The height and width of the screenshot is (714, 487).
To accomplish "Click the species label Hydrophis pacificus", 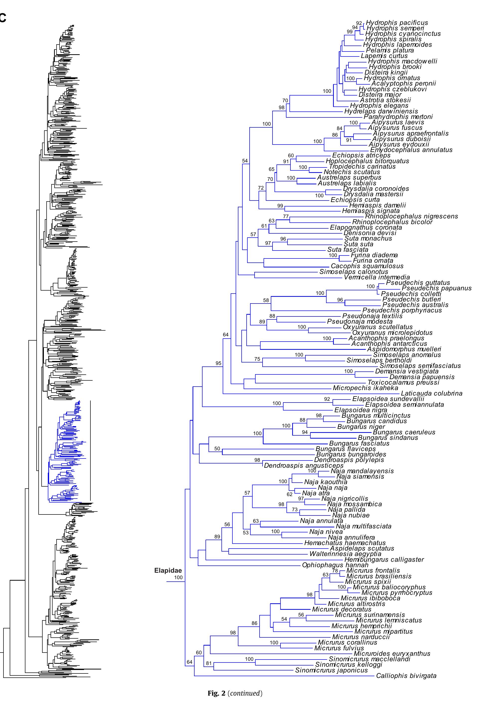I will [x=397, y=23].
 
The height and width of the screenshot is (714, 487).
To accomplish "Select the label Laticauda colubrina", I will [x=431, y=393].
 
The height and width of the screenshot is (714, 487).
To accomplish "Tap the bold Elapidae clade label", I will [x=168, y=570].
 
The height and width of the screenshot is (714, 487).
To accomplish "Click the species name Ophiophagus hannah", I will [x=335, y=565].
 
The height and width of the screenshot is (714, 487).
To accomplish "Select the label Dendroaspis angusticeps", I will [x=303, y=465].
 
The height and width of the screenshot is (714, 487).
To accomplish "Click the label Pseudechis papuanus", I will [x=436, y=288].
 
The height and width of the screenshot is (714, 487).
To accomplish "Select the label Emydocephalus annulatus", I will [x=411, y=150].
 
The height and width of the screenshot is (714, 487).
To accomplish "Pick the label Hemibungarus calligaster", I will [x=384, y=560].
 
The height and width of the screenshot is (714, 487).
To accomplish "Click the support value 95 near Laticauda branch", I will [x=218, y=363].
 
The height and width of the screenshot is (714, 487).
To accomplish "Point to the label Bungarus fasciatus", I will [x=359, y=443].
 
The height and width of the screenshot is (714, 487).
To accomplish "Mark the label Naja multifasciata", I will [x=363, y=526].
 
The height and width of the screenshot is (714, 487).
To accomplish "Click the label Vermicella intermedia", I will [x=377, y=277].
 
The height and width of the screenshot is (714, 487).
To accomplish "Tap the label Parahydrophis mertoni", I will [x=398, y=117].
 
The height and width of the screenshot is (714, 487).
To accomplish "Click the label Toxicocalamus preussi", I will [x=403, y=383].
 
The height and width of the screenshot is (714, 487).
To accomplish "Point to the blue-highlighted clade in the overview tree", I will [x=66, y=452].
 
